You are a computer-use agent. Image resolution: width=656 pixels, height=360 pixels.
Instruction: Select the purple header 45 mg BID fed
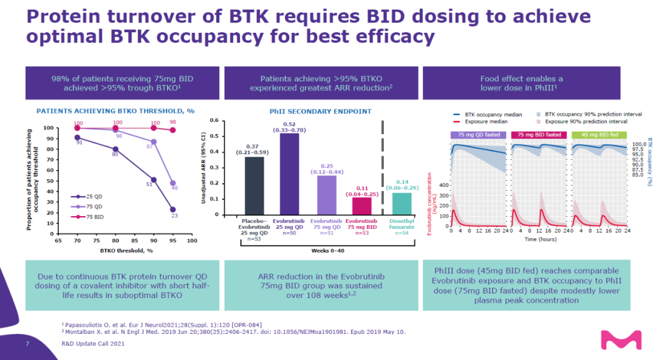click(x=596, y=134)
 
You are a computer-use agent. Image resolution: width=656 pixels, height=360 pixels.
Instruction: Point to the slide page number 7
click(x=27, y=343)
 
